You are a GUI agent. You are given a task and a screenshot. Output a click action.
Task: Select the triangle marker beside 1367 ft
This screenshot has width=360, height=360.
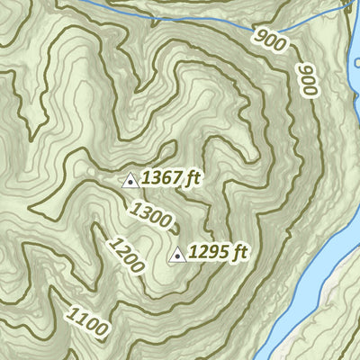tap(130, 180)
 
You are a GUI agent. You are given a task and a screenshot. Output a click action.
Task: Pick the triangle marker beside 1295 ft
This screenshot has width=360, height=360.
tap(178, 255)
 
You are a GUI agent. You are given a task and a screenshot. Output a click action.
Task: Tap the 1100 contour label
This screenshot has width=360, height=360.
tap(88, 320)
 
